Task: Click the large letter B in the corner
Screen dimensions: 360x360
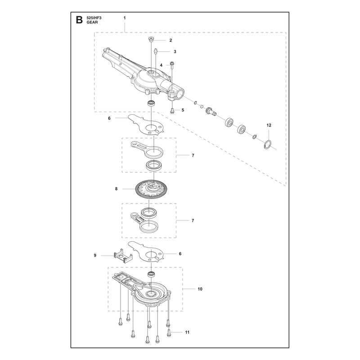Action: [79, 20]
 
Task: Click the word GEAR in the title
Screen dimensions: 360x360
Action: [92, 22]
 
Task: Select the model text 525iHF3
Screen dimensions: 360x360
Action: [94, 18]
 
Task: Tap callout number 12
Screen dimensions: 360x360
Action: [269, 125]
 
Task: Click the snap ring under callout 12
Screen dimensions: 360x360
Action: [267, 144]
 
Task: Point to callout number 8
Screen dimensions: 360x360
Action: [116, 189]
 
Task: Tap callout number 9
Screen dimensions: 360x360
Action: [95, 255]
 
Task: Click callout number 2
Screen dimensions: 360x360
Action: [171, 40]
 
